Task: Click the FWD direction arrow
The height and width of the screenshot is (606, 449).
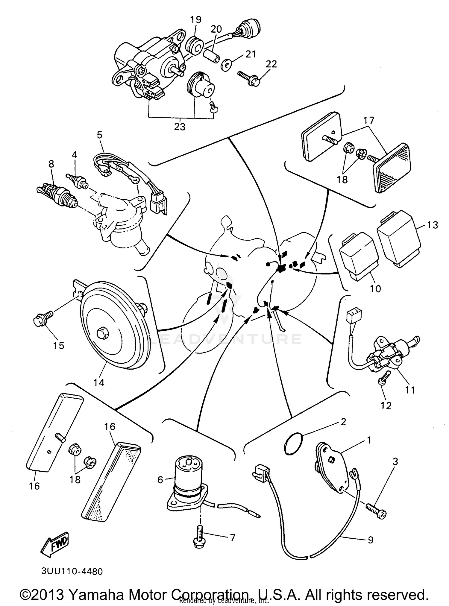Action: (x=56, y=543)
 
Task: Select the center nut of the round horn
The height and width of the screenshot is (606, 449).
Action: (x=102, y=333)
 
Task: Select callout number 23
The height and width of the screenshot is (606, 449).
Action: (x=180, y=127)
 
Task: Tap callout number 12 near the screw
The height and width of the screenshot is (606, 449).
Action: (x=386, y=405)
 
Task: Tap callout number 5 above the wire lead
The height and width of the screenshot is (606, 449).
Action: (x=99, y=135)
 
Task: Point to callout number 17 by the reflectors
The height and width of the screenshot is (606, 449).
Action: (x=369, y=121)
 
